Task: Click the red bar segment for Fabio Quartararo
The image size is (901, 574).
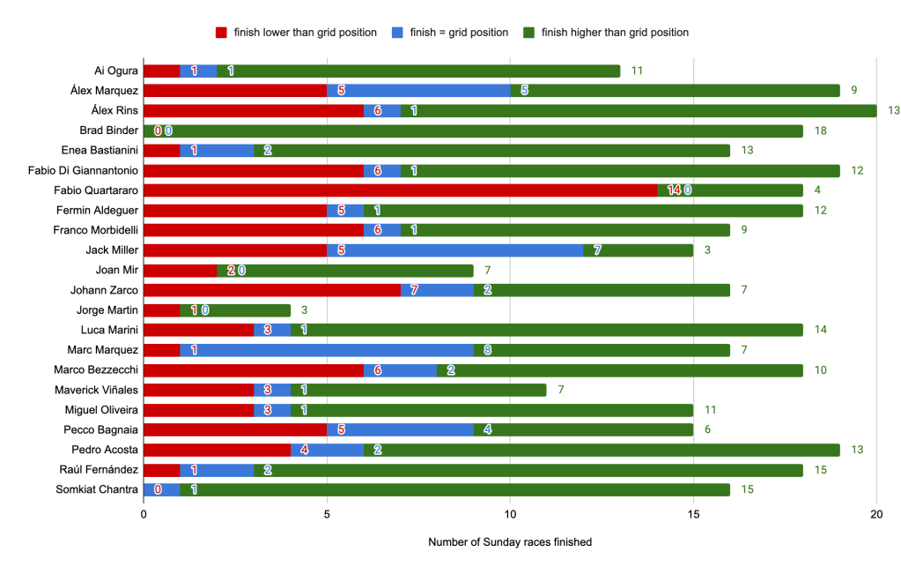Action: pos(400,190)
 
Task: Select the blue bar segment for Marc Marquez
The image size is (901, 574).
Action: pos(326,350)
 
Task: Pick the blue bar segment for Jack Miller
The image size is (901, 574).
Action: pos(454,250)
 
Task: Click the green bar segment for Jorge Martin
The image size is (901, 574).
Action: pos(253,309)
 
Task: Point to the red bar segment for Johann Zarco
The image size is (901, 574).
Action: pos(272,290)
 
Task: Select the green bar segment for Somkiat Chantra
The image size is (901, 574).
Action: pos(454,489)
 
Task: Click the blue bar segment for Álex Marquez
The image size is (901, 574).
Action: pos(418,90)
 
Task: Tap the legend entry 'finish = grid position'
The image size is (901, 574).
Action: pos(459,33)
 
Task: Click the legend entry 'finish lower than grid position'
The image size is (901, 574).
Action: pos(305,33)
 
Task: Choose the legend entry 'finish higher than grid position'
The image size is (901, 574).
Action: pos(614,33)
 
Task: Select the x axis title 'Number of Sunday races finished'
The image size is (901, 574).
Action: pos(510,542)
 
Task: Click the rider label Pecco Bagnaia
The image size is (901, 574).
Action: pos(104,429)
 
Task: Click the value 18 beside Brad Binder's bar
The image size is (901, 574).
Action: pos(821,130)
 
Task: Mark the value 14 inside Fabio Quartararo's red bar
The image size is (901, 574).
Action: pos(674,190)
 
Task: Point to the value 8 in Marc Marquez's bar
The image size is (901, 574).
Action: pos(487,350)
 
